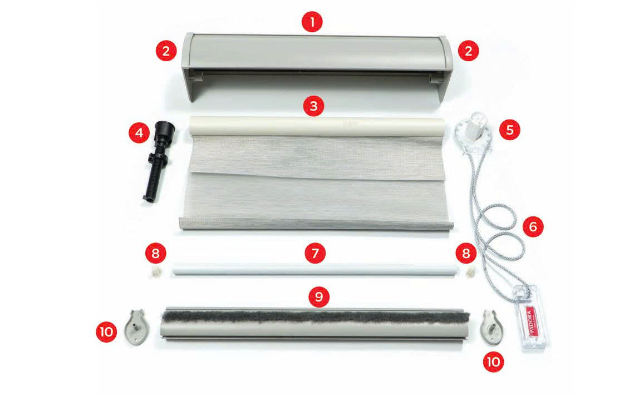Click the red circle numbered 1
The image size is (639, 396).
pyautogui.click(x=312, y=22)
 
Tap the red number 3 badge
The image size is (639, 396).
pyautogui.click(x=313, y=106)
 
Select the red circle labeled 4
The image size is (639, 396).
pyautogui.click(x=139, y=133)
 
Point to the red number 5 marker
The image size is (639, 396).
pyautogui.click(x=509, y=130)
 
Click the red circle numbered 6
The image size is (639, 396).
pyautogui.click(x=533, y=226)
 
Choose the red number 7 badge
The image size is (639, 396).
pyautogui.click(x=315, y=254)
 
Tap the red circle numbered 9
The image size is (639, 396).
pyautogui.click(x=319, y=296)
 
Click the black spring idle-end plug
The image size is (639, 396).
pyautogui.click(x=160, y=160)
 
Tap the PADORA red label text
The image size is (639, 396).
pyautogui.click(x=530, y=320)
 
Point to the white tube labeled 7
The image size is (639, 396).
pyautogui.click(x=315, y=269)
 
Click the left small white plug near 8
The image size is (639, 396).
pyautogui.click(x=155, y=270)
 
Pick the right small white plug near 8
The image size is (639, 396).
pyautogui.click(x=471, y=270)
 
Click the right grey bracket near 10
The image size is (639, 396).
pyautogui.click(x=492, y=326)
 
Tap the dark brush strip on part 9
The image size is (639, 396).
pyautogui.click(x=316, y=316)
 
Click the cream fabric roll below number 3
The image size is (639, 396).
pyautogui.click(x=317, y=126)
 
